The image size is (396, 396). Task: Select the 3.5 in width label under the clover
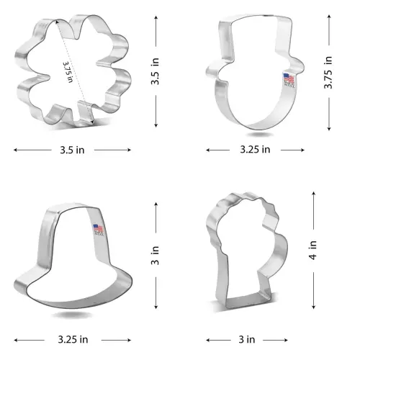click(72, 150)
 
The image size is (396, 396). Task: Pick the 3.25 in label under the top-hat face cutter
click(255, 150)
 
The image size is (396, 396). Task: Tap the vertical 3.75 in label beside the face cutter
click(328, 73)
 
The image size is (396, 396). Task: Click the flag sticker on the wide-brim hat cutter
click(97, 232)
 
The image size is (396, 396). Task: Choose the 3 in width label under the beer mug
click(247, 339)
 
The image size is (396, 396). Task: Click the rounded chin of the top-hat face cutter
click(256, 127)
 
